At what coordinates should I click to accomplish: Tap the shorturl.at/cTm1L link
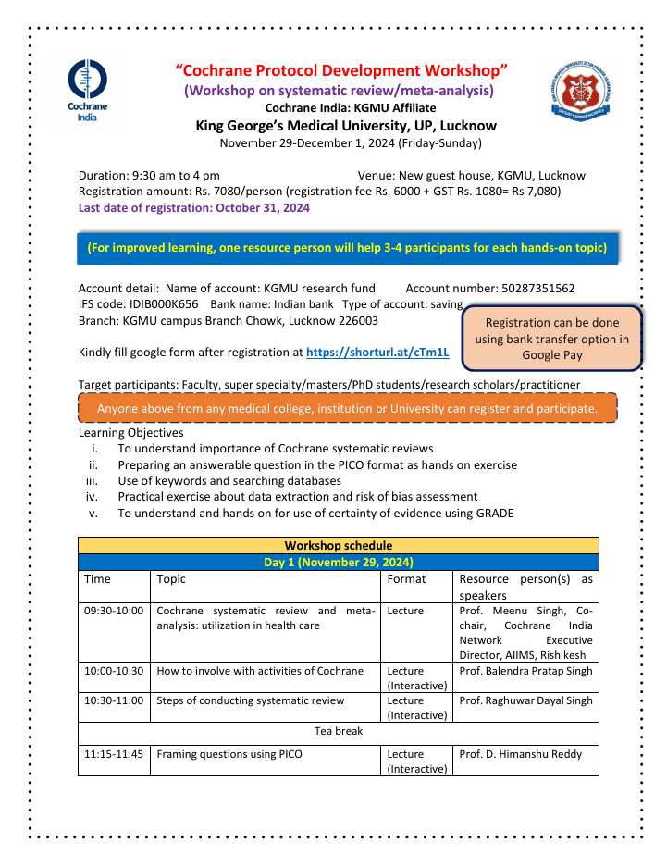(377, 353)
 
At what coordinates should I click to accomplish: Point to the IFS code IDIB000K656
(155, 304)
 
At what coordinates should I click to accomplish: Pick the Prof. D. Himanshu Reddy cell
(521, 754)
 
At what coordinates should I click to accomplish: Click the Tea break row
(338, 731)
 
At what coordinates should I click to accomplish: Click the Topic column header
(171, 579)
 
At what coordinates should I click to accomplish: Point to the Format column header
(406, 579)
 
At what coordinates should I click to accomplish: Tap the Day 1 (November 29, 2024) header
(338, 562)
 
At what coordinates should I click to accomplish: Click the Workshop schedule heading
(338, 546)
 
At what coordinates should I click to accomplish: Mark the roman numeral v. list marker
(93, 514)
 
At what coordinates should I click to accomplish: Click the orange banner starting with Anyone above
(346, 409)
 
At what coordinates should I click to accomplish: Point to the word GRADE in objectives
(494, 514)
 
